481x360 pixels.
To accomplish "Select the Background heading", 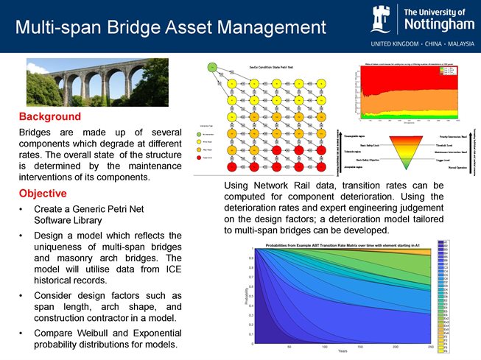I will tap(49, 116).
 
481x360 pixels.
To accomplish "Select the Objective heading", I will tap(43, 194).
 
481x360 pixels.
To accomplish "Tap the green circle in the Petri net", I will tap(212, 67).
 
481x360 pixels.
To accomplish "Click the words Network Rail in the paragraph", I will tap(277, 186).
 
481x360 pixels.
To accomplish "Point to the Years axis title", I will tap(343, 352).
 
